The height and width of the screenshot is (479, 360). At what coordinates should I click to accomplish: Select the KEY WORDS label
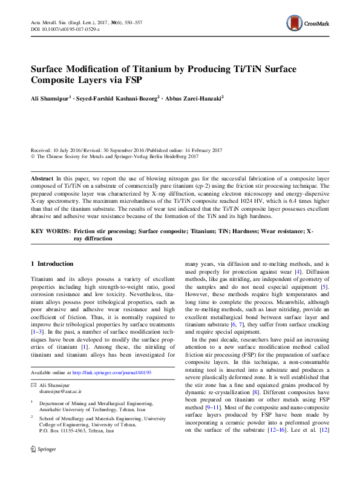pyautogui.click(x=48, y=231)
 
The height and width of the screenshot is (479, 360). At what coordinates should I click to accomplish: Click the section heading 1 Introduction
pyautogui.click(x=52, y=264)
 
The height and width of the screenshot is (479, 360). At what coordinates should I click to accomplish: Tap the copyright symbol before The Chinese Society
pyautogui.click(x=33, y=156)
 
